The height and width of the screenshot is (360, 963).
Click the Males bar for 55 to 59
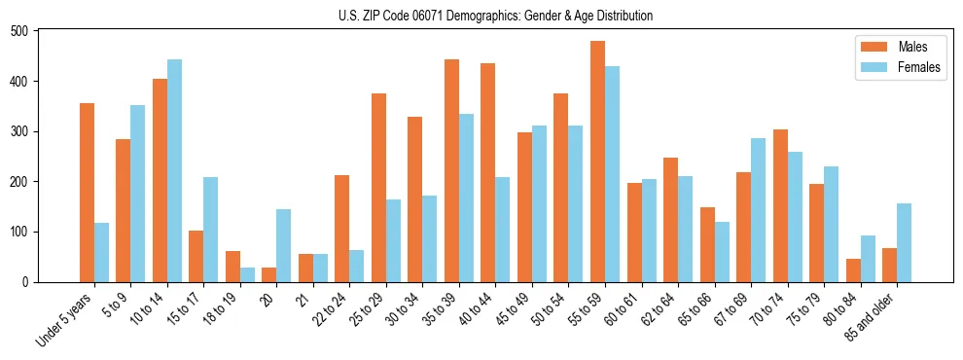597,162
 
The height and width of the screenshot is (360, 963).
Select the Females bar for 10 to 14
174,171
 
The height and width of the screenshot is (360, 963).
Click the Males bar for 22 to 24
342,229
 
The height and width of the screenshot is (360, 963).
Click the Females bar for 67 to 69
758,210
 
